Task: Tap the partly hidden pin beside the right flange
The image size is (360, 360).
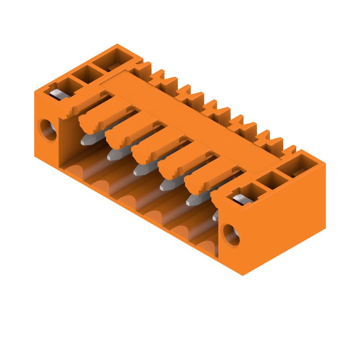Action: pyautogui.click(x=216, y=216)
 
